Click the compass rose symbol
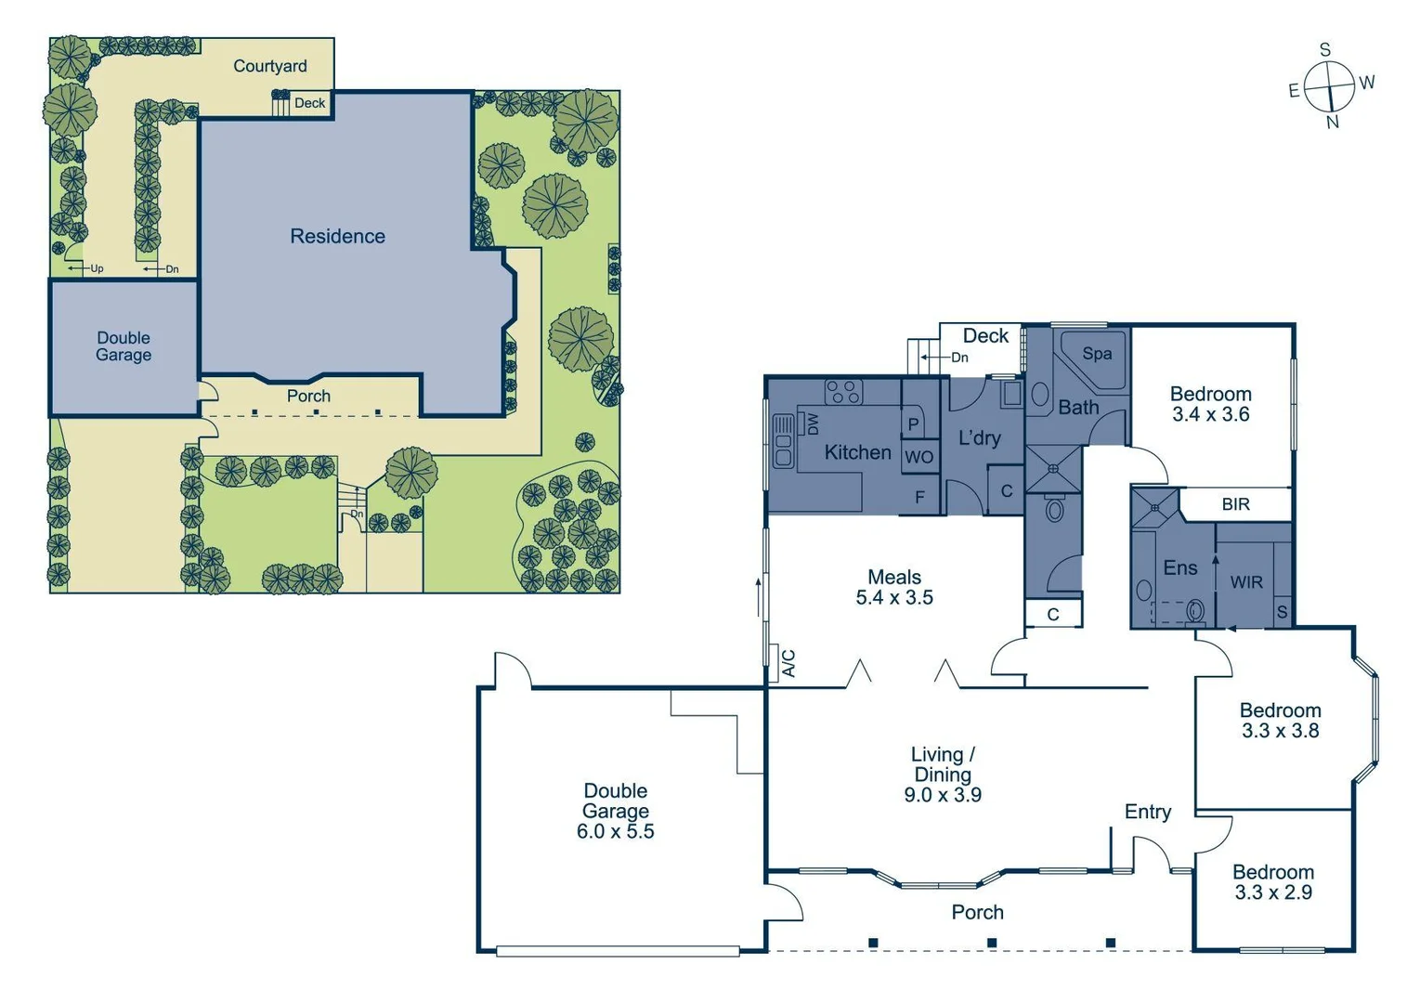[x=1330, y=88]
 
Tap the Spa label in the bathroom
[x=1097, y=354]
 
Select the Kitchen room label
[x=857, y=452]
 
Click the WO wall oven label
[x=918, y=457]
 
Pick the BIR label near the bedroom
[x=1235, y=504]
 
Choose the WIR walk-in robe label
[x=1245, y=582]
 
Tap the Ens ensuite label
[x=1179, y=567]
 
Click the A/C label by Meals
[x=788, y=663]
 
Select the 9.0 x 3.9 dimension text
[x=943, y=795]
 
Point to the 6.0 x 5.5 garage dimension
[x=615, y=831]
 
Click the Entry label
[x=1147, y=812]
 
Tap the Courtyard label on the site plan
[x=269, y=66]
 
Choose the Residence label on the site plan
[x=337, y=236]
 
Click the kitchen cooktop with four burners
[x=843, y=392]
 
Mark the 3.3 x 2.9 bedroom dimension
[x=1273, y=892]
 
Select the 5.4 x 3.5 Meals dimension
[x=894, y=597]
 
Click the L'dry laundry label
[x=979, y=437]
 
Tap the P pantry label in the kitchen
[x=913, y=424]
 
